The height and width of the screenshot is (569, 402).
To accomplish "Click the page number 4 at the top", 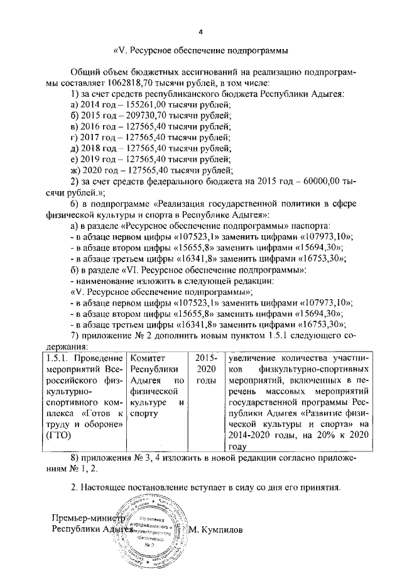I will (200, 31).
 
